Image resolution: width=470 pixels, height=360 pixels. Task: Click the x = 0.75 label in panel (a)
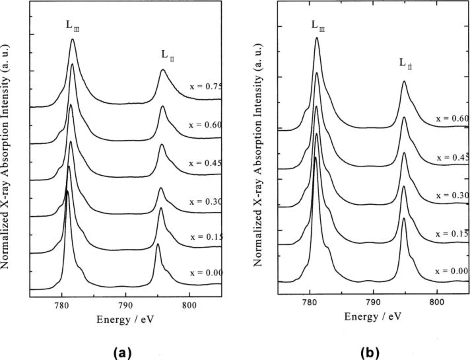(x=205, y=86)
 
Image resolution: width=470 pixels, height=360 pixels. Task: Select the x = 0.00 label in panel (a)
(x=206, y=273)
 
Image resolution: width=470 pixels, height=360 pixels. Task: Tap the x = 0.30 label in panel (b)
(x=452, y=195)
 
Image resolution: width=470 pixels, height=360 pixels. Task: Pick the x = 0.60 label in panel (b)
(x=452, y=119)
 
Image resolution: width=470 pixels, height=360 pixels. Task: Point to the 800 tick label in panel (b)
(x=437, y=302)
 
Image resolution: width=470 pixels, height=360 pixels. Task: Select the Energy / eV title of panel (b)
(x=373, y=317)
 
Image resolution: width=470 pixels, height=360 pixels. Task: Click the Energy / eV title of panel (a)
(x=125, y=320)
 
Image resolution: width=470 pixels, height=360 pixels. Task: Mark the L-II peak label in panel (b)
(x=406, y=63)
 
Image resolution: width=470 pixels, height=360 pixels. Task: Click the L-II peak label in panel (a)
(x=167, y=55)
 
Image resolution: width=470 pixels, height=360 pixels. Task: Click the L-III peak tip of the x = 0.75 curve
(x=73, y=39)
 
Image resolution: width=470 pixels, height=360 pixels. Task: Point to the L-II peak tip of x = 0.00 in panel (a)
(x=157, y=244)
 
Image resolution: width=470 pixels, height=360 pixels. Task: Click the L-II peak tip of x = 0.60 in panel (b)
(x=404, y=81)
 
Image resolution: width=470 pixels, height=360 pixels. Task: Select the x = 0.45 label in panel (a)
(x=205, y=163)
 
